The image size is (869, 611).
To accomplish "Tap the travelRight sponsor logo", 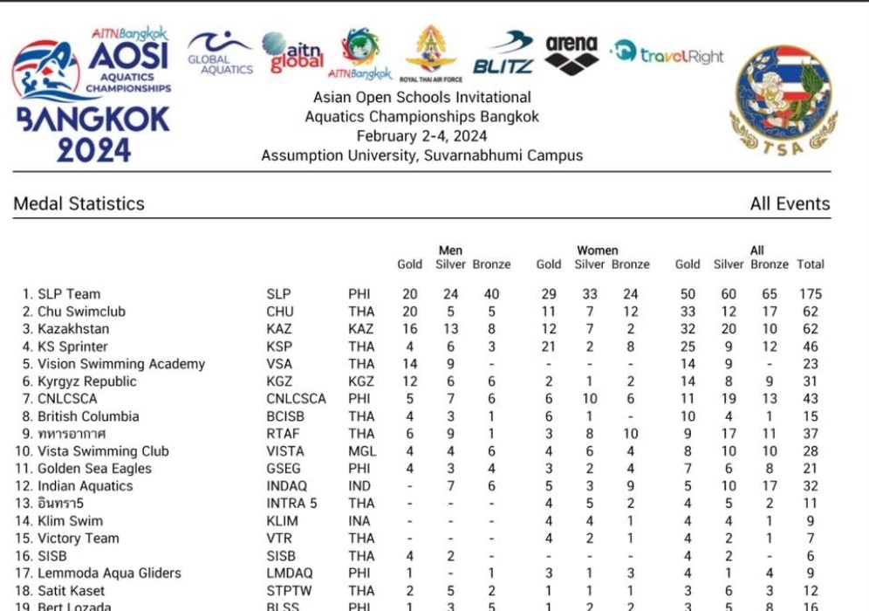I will coord(668,54).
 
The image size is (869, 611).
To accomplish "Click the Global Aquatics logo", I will coord(221,53).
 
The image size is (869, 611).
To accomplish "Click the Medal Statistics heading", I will coord(79,203).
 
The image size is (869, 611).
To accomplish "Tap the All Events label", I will coord(790,203).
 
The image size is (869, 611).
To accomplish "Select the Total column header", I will coord(810,264).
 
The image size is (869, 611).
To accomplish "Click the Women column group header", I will coord(597,251).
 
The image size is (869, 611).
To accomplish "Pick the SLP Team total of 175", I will coord(810,294).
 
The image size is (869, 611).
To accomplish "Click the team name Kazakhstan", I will coord(73,329).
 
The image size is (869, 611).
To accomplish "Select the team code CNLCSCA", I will coord(296,399).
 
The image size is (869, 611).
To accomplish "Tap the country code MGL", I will coord(361,451).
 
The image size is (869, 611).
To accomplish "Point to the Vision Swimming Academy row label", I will coord(121,364).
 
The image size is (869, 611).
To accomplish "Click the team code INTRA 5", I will coord(291,504).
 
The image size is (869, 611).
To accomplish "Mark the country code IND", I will coord(359,486).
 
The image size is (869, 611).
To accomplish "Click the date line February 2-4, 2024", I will coord(421,136).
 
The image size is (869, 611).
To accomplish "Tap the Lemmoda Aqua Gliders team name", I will coord(109,573).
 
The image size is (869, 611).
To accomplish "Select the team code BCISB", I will coord(285,416).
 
